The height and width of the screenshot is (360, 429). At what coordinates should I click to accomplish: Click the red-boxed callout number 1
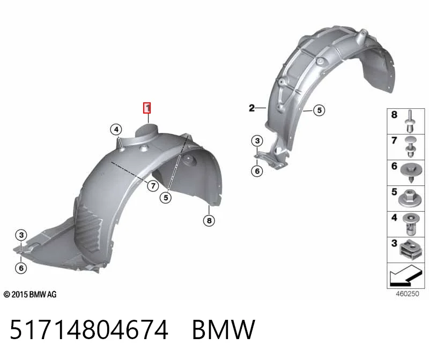point(147,108)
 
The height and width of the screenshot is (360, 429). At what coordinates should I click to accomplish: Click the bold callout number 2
point(252,108)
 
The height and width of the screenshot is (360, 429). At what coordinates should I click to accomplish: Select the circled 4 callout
point(116,129)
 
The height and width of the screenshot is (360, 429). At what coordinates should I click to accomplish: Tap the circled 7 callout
point(153,186)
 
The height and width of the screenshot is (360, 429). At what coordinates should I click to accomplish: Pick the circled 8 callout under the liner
point(209,220)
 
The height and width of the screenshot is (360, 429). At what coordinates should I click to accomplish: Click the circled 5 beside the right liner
point(319,110)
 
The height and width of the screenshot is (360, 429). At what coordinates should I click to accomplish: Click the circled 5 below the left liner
point(166,198)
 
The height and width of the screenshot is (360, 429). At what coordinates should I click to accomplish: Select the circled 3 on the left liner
point(21,235)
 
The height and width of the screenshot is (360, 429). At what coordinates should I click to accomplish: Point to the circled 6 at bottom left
point(21,268)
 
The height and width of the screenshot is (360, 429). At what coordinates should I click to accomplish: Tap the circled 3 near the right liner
point(257,141)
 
